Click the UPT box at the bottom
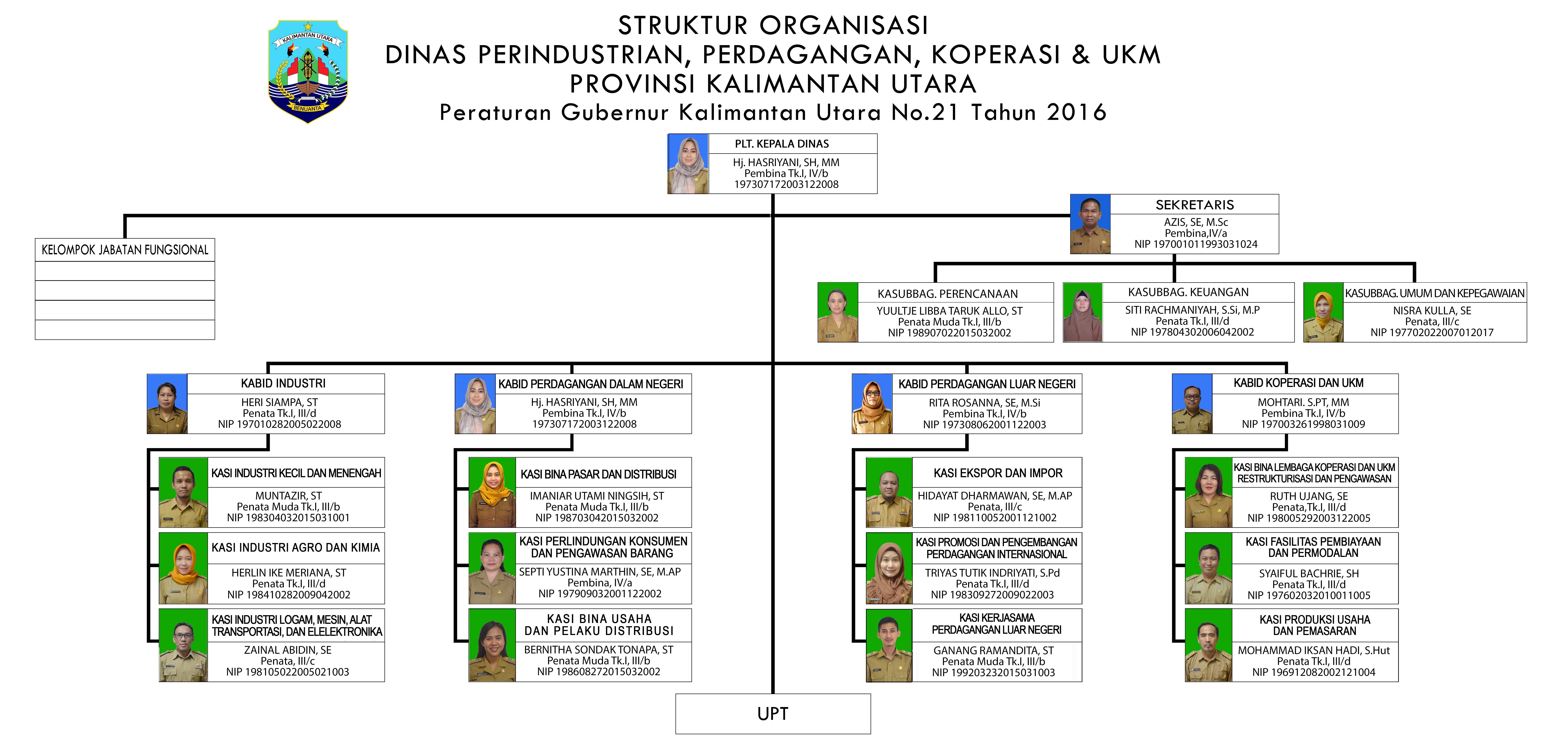tap(773, 713)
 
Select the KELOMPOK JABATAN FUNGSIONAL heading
tap(125, 250)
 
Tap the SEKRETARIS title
tap(1195, 205)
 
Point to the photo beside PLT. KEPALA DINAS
tap(688, 164)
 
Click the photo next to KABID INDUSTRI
tap(167, 404)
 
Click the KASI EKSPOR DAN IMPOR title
tap(998, 473)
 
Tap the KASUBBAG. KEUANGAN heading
tap(1188, 292)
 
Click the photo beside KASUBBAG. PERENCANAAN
tap(838, 312)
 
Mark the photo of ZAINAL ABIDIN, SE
tap(183, 645)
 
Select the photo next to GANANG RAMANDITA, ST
tap(889, 645)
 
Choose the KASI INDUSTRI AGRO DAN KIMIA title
tap(295, 547)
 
